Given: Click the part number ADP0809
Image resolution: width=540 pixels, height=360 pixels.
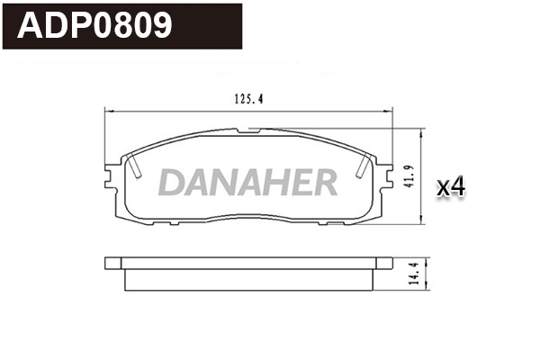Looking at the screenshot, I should tap(95, 26).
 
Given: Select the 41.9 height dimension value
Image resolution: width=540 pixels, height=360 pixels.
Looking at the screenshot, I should tap(410, 175).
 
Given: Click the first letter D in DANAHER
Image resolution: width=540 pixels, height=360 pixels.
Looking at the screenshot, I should tap(174, 183).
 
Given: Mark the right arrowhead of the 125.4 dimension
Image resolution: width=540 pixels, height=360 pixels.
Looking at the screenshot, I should tap(392, 109).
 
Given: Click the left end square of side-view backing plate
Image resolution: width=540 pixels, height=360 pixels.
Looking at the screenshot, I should tap(112, 264).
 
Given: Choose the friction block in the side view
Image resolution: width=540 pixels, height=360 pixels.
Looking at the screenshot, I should tap(247, 279).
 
